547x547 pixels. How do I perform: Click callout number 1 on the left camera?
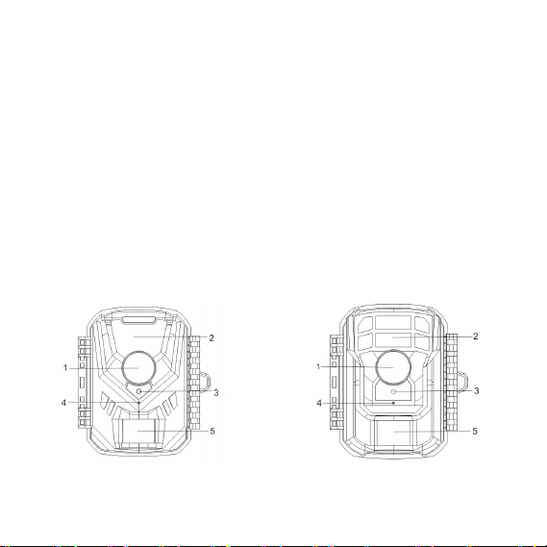click(65, 368)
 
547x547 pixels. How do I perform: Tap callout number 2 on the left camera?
click(211, 337)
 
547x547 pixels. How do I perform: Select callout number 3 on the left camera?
click(216, 393)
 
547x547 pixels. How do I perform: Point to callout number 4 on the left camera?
click(63, 403)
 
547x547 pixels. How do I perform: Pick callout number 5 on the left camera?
click(212, 432)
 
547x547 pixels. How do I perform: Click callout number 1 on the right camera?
click(318, 367)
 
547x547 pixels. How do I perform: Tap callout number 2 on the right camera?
click(476, 336)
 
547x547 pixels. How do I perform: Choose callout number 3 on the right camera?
click(477, 391)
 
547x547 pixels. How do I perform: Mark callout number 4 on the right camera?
click(319, 403)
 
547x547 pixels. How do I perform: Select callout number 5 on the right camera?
click(475, 432)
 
